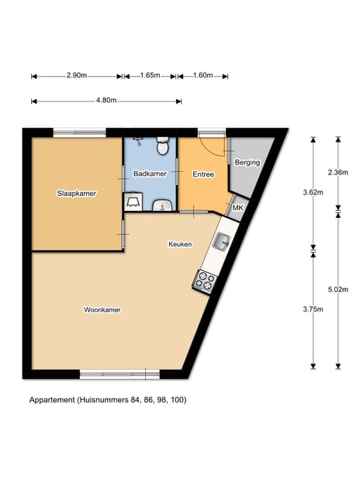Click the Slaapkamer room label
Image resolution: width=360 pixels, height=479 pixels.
[76, 193]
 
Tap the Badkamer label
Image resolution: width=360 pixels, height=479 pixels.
[150, 174]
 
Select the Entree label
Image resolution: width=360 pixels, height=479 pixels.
[203, 174]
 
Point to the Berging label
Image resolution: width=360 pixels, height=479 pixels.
[247, 163]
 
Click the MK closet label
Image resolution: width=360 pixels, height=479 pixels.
[238, 208]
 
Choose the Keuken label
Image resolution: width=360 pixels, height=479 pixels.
[180, 244]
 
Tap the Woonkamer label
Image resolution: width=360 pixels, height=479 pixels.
[102, 310]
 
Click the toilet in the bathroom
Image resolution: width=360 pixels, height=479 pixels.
[163, 146]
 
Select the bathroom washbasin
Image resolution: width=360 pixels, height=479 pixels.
[163, 205]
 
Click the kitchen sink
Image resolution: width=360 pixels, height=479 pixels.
[222, 242]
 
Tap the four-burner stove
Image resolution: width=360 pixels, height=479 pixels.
[206, 280]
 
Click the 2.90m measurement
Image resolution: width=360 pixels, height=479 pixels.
[76, 76]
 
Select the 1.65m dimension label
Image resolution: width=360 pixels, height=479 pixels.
[150, 76]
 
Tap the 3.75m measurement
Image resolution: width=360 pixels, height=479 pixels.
[313, 308]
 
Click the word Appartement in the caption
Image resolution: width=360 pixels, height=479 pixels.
[51, 400]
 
